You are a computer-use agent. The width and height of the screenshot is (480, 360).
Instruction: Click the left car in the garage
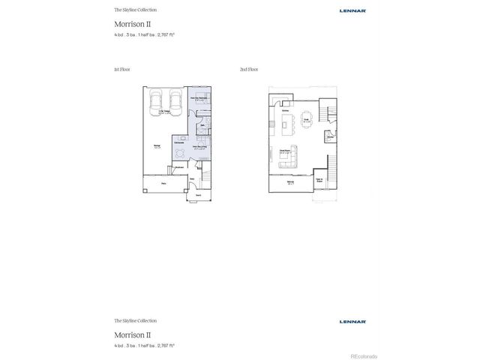[x=156, y=100]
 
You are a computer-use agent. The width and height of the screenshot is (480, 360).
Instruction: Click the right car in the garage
[x=176, y=100]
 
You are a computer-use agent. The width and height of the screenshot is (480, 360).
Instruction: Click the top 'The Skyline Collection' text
[x=136, y=10]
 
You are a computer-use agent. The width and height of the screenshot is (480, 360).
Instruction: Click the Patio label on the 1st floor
[x=163, y=181]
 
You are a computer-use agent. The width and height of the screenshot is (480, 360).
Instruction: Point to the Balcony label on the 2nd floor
[x=289, y=182]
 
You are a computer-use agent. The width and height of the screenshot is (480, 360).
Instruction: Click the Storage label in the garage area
[x=156, y=147]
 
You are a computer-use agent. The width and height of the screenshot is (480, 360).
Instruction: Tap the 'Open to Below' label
[x=319, y=181]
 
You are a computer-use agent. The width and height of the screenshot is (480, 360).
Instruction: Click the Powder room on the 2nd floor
[x=329, y=137]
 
